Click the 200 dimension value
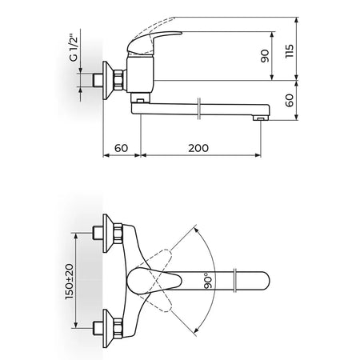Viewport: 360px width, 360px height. click(x=198, y=148)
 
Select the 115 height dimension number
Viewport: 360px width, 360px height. click(x=289, y=51)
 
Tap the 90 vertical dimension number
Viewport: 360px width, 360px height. click(x=265, y=56)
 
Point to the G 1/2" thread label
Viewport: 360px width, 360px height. click(x=74, y=48)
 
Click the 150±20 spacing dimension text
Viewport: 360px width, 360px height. click(x=69, y=282)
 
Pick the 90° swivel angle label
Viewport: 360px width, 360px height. click(x=209, y=281)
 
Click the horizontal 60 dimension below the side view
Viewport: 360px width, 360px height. click(x=122, y=148)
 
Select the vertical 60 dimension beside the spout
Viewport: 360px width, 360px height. click(x=289, y=100)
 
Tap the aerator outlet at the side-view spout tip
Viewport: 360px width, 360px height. click(x=260, y=118)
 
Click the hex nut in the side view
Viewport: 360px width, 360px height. click(x=119, y=79)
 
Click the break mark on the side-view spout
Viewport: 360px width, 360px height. click(x=198, y=109)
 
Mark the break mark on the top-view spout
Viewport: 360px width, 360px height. click(x=235, y=281)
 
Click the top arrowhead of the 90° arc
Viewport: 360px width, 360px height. click(x=196, y=230)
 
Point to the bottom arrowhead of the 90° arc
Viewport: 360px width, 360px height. click(x=196, y=330)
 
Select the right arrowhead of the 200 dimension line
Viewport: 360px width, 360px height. click(x=258, y=155)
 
